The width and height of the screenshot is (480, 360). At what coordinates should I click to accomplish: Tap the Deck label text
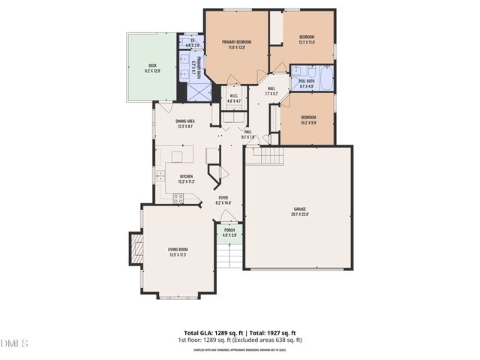[151, 65]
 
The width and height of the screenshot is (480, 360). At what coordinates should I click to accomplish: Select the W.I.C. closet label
[233, 97]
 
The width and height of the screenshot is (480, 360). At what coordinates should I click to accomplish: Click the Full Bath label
[307, 80]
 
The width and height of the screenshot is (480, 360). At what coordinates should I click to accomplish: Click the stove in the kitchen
[179, 198]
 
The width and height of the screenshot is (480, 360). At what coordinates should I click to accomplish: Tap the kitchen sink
[160, 177]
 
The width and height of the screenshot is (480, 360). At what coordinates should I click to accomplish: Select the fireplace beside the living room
[135, 248]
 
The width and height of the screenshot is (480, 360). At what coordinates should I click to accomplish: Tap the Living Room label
[178, 250]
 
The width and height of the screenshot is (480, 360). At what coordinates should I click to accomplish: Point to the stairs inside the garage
[270, 157]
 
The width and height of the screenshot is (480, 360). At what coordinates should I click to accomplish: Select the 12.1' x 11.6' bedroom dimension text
[307, 42]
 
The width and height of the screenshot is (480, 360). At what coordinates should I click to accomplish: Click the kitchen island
[177, 156]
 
